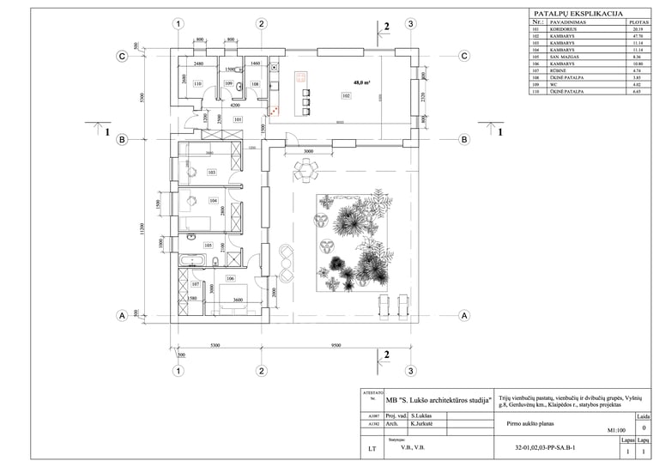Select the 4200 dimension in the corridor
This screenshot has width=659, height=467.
(223, 105)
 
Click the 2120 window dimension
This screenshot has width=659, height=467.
(424, 108)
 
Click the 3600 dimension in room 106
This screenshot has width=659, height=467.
(238, 300)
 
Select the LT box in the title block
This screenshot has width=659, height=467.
(372, 448)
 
